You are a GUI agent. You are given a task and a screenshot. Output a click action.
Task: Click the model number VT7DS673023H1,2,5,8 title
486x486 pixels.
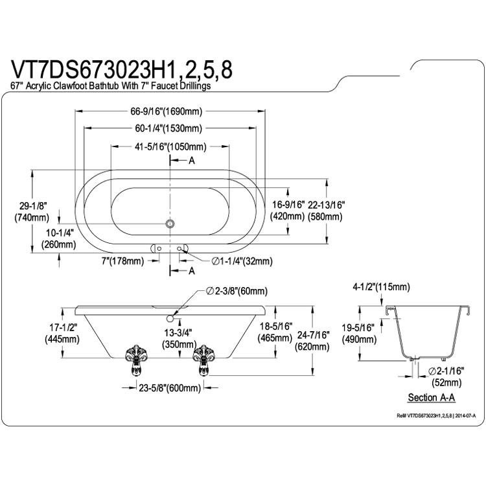click(x=122, y=69)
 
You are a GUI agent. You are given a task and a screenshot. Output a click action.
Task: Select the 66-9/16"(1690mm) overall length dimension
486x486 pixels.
click(x=166, y=111)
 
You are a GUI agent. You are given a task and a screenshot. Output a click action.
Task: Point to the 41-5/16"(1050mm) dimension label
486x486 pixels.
click(x=170, y=146)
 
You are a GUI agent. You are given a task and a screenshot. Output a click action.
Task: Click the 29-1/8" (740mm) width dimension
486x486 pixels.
click(x=32, y=212)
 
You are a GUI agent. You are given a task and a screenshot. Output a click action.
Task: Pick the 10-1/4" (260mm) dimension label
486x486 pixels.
click(x=58, y=238)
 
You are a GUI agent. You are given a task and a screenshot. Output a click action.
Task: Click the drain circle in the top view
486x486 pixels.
click(x=170, y=223)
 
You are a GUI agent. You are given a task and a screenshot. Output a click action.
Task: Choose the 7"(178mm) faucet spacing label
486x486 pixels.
click(x=122, y=261)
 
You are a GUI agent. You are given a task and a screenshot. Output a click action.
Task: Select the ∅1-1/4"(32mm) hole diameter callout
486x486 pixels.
click(x=242, y=261)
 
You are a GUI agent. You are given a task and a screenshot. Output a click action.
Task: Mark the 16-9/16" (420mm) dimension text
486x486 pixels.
click(x=288, y=211)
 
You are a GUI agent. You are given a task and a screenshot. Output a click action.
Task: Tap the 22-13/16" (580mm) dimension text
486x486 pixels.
click(x=325, y=211)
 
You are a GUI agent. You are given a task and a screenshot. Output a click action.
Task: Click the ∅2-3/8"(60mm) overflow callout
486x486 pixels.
click(x=237, y=291)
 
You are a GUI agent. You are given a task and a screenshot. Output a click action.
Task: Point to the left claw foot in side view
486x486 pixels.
click(x=136, y=360)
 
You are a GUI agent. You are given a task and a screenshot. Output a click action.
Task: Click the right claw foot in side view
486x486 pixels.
click(x=203, y=360)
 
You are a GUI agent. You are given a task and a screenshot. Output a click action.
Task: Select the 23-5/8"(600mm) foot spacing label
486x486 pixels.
click(x=170, y=388)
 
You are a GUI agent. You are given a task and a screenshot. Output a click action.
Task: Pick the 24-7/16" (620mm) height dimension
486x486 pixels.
click(x=312, y=341)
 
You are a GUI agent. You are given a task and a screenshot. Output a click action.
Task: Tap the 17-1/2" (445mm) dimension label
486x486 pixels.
click(x=62, y=334)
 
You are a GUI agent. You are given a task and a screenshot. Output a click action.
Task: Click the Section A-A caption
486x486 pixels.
click(x=432, y=397)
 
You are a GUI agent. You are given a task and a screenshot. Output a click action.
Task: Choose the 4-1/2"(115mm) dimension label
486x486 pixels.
click(x=381, y=287)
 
